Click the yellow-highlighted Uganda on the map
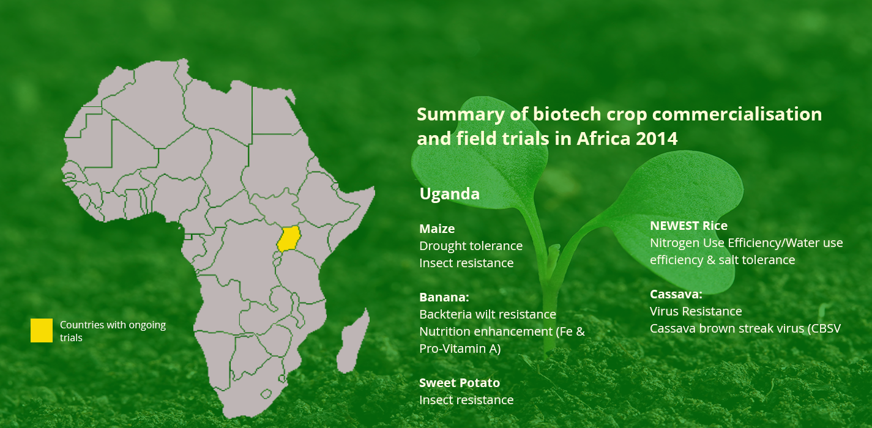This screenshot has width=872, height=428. (289, 238)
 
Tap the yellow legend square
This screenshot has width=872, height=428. (42, 330)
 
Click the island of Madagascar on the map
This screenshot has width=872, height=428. (353, 341)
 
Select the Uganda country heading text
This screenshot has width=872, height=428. (450, 194)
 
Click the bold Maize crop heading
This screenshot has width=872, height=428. (437, 229)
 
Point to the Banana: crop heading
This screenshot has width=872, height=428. (444, 297)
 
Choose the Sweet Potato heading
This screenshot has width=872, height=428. (460, 383)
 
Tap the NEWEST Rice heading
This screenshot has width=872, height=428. (688, 226)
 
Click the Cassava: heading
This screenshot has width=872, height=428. (676, 294)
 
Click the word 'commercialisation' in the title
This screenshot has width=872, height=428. (737, 114)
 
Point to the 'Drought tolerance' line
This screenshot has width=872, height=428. (471, 246)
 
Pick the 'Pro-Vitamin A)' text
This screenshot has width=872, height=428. (460, 349)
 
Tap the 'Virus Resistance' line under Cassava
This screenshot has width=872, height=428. (696, 311)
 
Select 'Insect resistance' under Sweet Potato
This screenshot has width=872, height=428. (466, 400)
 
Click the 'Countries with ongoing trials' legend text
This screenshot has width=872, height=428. (113, 331)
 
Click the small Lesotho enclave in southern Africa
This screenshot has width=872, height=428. (266, 394)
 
